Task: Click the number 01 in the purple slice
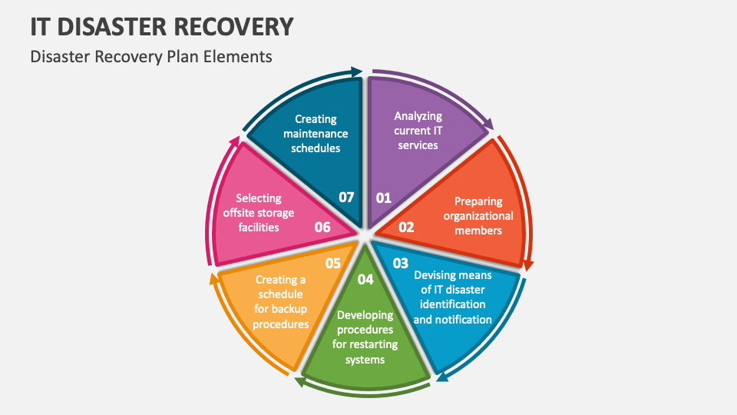(383, 198)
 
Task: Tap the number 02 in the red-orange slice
(406, 227)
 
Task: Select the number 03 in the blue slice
(401, 263)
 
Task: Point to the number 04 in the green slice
(365, 279)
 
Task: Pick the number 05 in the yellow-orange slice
(332, 263)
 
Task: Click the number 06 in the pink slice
(322, 227)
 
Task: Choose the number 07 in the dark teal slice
(346, 198)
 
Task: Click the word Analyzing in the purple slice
(418, 116)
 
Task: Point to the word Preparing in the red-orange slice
(478, 201)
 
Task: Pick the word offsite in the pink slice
(244, 213)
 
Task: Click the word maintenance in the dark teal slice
(316, 134)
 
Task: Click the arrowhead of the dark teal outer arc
(356, 72)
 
